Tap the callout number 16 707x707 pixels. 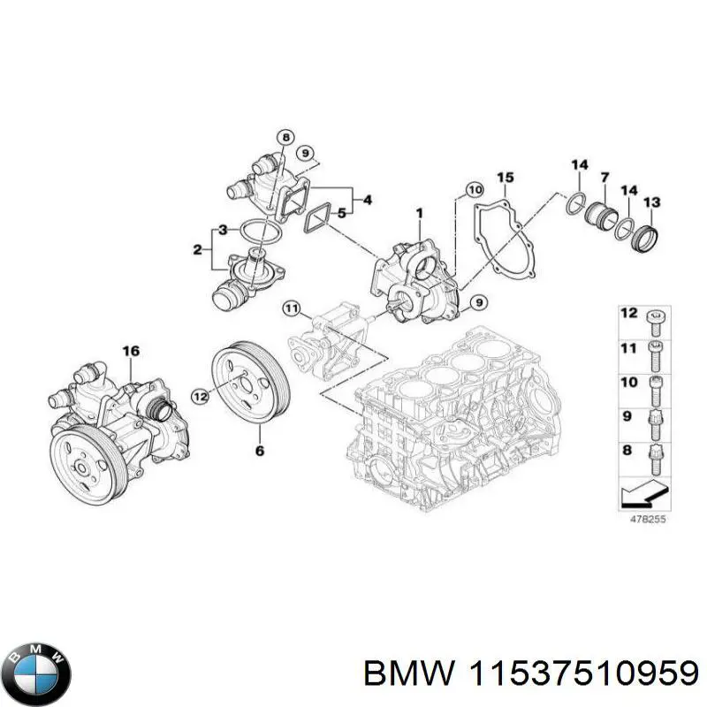click(x=130, y=352)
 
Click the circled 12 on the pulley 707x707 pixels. click(x=201, y=398)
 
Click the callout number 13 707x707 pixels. click(x=651, y=202)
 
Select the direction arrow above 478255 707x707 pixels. click(x=642, y=492)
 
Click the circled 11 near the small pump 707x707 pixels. click(x=292, y=308)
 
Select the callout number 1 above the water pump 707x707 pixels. click(x=419, y=212)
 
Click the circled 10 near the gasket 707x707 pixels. click(x=474, y=188)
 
